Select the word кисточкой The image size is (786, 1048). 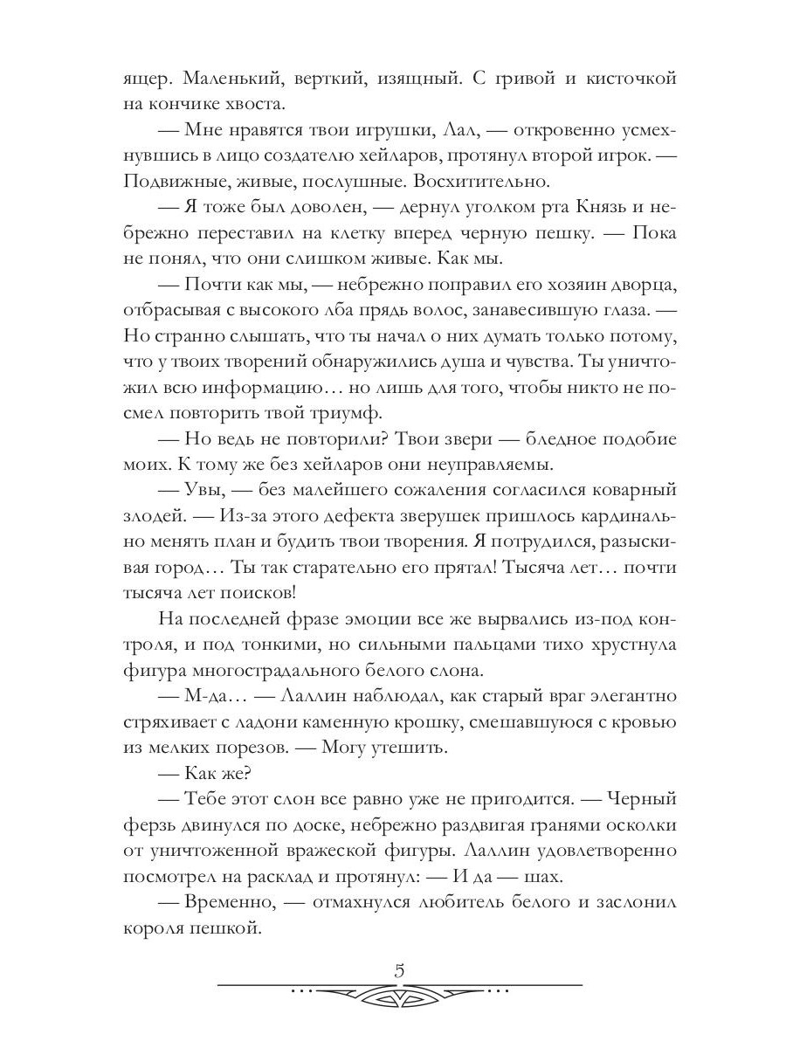coord(625,79)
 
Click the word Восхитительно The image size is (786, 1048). coord(474,183)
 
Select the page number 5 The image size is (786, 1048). coord(401,969)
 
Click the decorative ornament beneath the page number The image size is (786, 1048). coord(400,995)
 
